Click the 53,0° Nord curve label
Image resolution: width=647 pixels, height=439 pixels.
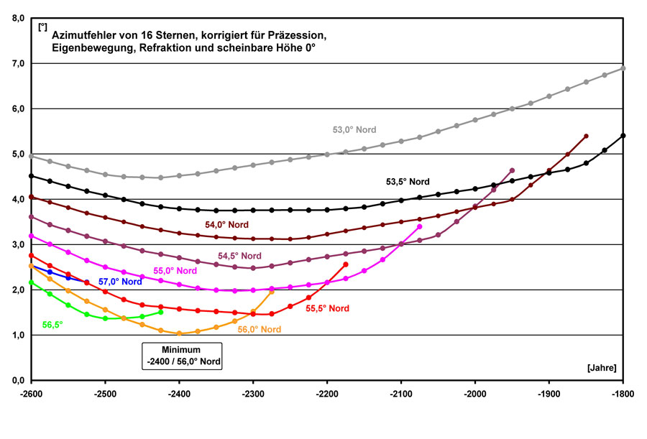pyautogui.click(x=354, y=130)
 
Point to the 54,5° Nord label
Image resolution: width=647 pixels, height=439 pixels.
pyautogui.click(x=239, y=256)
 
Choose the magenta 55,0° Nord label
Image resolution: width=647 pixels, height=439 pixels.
pyautogui.click(x=175, y=271)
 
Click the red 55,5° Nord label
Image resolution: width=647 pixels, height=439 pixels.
pyautogui.click(x=327, y=308)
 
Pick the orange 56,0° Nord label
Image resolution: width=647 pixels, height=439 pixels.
pyautogui.click(x=259, y=329)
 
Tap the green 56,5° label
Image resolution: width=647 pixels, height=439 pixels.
pyautogui.click(x=52, y=325)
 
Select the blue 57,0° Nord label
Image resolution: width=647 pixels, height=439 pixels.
pyautogui.click(x=119, y=281)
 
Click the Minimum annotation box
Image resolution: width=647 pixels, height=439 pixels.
pyautogui.click(x=181, y=356)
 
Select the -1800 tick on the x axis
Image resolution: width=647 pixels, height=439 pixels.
pyautogui.click(x=623, y=394)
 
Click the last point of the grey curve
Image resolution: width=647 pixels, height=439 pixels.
pyautogui.click(x=623, y=68)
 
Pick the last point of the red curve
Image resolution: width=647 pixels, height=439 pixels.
pyautogui.click(x=346, y=264)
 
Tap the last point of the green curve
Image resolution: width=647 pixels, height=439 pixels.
pyautogui.click(x=160, y=312)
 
